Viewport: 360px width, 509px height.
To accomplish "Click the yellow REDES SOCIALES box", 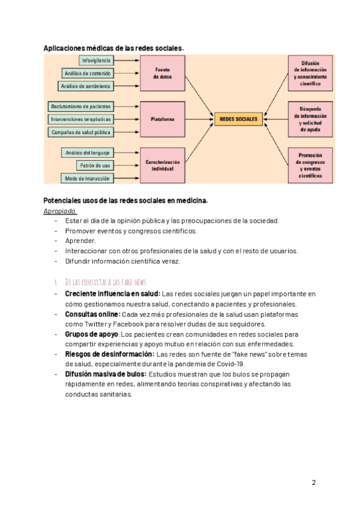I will click(x=238, y=119).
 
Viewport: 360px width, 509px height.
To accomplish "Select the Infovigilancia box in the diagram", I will click(x=95, y=61).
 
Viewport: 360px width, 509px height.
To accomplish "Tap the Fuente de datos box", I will click(x=162, y=73).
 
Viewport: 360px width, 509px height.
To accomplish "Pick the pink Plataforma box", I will click(x=162, y=119).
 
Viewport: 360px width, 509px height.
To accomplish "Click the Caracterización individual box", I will click(x=162, y=166).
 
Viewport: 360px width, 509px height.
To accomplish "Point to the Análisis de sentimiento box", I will click(x=86, y=86).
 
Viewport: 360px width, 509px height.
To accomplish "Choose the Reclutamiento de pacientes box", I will click(x=80, y=106).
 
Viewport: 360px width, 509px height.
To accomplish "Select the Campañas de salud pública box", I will click(x=80, y=132).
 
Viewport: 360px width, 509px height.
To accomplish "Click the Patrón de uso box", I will click(x=94, y=165).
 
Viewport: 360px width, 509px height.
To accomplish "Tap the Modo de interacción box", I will click(x=87, y=178).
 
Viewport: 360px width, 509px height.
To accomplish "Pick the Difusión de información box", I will click(x=311, y=73).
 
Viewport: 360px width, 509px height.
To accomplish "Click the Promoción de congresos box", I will click(x=311, y=165).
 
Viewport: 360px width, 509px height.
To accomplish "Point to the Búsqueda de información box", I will click(x=311, y=119).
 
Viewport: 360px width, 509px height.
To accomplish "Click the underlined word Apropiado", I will click(x=60, y=211).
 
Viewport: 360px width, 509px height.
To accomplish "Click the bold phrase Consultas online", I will click(x=92, y=314).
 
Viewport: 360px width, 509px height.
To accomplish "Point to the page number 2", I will click(x=314, y=483).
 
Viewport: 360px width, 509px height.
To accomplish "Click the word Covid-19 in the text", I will click(x=230, y=364).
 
